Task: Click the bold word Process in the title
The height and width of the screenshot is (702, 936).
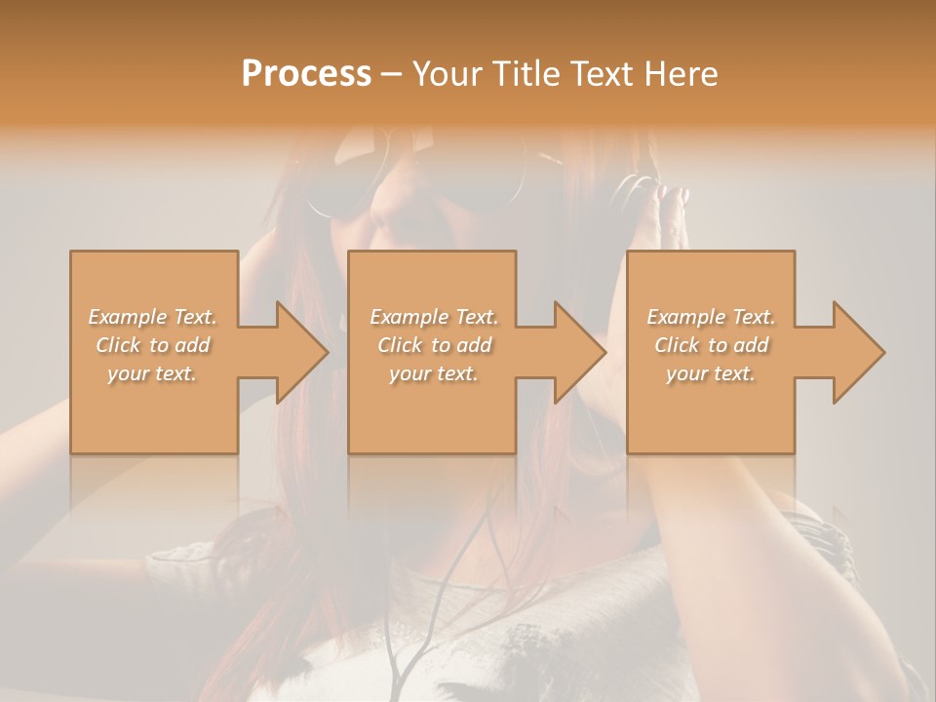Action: (306, 74)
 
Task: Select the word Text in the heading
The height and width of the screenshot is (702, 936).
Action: (602, 74)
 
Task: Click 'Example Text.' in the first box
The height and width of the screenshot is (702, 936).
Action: (153, 317)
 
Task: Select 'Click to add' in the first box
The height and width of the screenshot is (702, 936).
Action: (153, 345)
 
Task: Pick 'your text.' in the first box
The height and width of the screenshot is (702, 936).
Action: (153, 373)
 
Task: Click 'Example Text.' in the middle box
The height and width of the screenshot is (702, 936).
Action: (434, 317)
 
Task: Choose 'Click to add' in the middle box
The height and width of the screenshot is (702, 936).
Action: (434, 345)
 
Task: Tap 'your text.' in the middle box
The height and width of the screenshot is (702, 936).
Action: (434, 373)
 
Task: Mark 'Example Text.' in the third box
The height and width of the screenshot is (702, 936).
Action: (711, 317)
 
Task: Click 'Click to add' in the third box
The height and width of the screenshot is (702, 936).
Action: (711, 345)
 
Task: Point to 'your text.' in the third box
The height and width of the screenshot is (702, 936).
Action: (711, 373)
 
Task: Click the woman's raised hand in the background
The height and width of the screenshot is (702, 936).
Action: (674, 219)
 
